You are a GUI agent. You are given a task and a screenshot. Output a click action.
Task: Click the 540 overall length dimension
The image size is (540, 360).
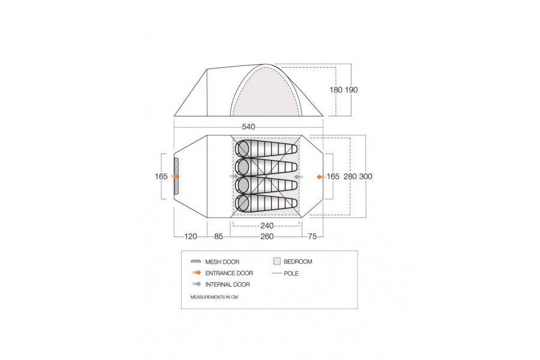248,127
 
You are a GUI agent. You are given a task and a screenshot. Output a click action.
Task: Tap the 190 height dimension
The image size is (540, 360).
352,89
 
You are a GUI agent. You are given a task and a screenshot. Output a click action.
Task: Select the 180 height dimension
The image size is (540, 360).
336,89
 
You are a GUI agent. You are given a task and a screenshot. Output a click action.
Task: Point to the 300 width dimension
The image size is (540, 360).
366,176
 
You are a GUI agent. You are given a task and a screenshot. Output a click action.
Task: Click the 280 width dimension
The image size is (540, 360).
350,176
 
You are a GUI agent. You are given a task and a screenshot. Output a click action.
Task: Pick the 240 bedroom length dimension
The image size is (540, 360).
267,226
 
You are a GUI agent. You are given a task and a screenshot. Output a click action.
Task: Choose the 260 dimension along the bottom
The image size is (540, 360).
267,236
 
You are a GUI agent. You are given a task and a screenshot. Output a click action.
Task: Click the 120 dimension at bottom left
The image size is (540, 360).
191,236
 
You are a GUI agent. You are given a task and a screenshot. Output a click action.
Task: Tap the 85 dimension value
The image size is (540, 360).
218,236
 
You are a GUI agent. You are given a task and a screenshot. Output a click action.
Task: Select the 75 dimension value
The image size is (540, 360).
313,236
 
